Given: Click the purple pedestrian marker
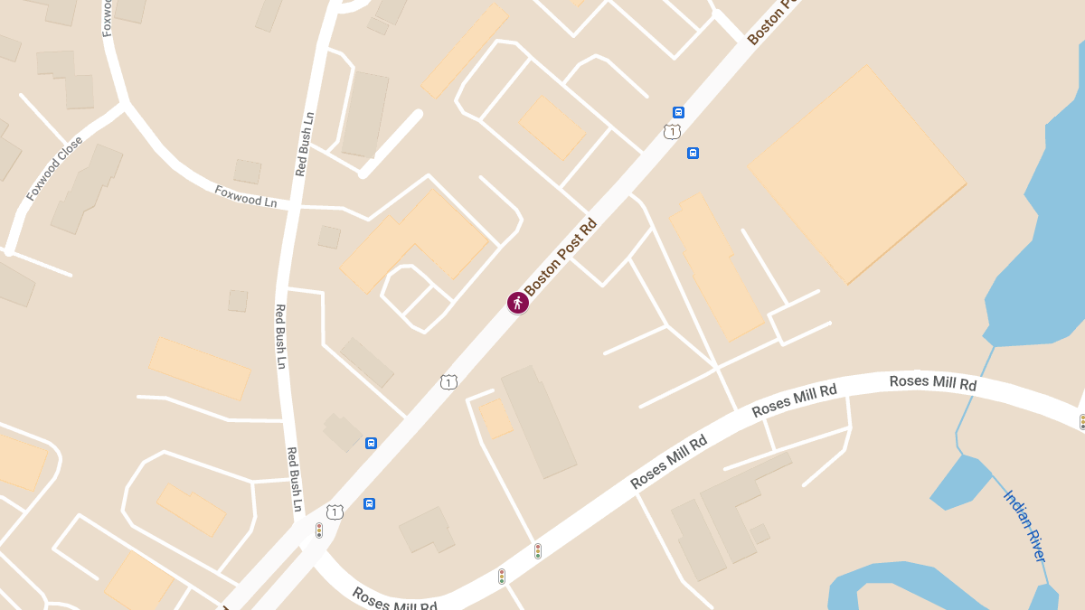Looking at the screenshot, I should (518, 303).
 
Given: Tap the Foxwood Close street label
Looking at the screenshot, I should (54, 169).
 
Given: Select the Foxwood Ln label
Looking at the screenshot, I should (246, 195).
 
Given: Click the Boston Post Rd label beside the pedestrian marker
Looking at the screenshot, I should (561, 257).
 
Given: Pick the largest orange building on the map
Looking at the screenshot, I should (856, 173).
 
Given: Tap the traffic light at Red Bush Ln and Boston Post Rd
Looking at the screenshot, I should (319, 530).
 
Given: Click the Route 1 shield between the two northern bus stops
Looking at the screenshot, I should (671, 132).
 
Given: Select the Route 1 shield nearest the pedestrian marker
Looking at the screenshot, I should (448, 382).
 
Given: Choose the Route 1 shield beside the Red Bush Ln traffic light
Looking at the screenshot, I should (335, 512).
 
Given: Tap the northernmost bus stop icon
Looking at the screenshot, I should (678, 112).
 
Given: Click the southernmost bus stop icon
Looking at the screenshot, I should (369, 503).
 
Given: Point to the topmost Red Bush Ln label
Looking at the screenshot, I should (305, 144).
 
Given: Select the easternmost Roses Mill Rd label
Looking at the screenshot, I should (933, 382).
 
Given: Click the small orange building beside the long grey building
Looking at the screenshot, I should (495, 419).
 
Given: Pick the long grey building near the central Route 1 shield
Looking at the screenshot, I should (539, 421).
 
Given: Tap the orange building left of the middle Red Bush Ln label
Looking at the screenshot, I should (199, 368).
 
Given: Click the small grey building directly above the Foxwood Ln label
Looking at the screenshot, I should (247, 171).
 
